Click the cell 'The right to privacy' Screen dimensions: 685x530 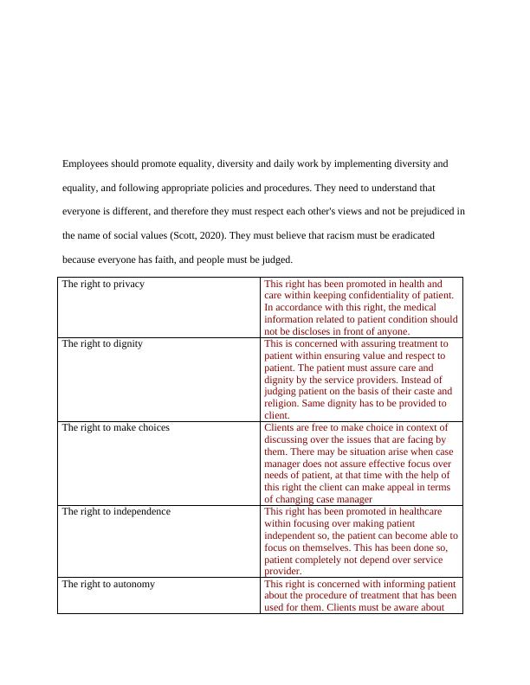pyautogui.click(x=103, y=284)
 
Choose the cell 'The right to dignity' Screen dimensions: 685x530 pyautogui.click(x=102, y=343)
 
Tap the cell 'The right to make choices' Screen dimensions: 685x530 pyautogui.click(x=115, y=427)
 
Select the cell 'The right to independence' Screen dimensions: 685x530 pyautogui.click(x=116, y=511)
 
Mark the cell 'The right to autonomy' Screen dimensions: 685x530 pyautogui.click(x=108, y=584)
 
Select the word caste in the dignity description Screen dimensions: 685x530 pyautogui.click(x=422, y=391)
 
